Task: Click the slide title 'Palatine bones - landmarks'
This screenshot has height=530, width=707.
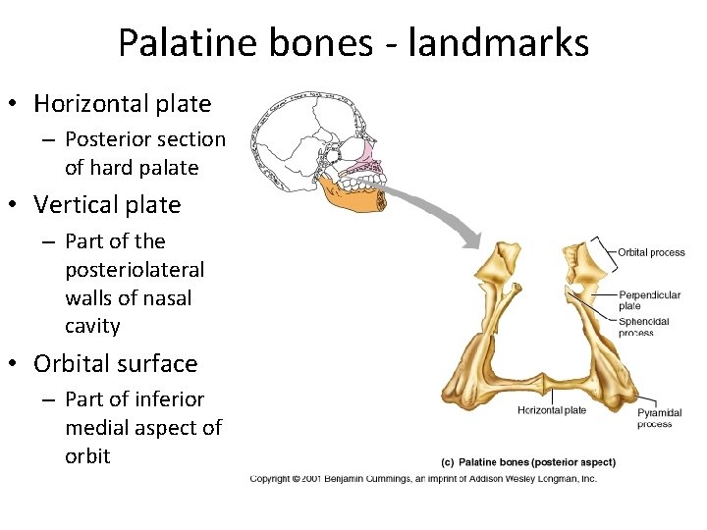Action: pyautogui.click(x=353, y=42)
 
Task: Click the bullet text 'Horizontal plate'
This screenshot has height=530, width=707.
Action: pyautogui.click(x=122, y=103)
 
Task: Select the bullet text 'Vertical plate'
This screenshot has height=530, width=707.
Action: pyautogui.click(x=107, y=205)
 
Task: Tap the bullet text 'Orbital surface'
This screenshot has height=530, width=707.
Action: pyautogui.click(x=115, y=363)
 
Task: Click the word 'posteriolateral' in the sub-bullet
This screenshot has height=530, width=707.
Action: pyautogui.click(x=135, y=269)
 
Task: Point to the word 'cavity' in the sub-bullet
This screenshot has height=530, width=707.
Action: pyautogui.click(x=92, y=326)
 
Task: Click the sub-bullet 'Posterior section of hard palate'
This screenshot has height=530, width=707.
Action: pyautogui.click(x=144, y=154)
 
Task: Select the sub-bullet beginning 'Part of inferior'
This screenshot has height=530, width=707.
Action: pyautogui.click(x=143, y=427)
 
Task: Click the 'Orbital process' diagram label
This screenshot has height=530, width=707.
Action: pyautogui.click(x=651, y=252)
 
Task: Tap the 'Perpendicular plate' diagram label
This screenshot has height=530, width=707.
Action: pyautogui.click(x=649, y=299)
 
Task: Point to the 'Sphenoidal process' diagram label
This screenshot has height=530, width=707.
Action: pyautogui.click(x=645, y=326)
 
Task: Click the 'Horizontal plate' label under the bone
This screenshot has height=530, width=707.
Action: pyautogui.click(x=552, y=410)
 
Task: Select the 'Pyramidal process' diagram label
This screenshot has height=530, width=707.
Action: pyautogui.click(x=659, y=419)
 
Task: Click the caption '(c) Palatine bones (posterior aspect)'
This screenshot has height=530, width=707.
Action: pyautogui.click(x=527, y=461)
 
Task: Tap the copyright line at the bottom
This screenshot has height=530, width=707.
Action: pyautogui.click(x=423, y=479)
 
